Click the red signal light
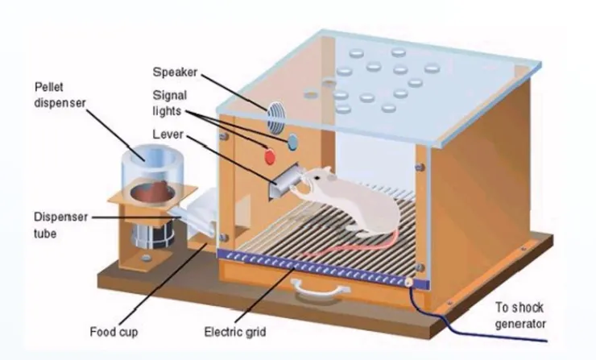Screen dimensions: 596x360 tap(270, 156)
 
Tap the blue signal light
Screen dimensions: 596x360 tap(292, 143)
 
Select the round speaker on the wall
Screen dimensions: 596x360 tap(275, 118)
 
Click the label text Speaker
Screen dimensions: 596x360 tap(175, 72)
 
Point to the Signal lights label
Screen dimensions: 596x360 tap(170, 102)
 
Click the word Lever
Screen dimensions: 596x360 tap(168, 134)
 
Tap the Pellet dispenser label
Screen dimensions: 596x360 tap(60, 95)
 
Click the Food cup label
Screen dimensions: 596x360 tap(114, 332)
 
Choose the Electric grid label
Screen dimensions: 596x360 tap(235, 332)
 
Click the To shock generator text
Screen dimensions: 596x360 tap(520, 316)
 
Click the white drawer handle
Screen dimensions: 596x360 tap(320, 289)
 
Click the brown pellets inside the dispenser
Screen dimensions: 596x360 tap(153, 191)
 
